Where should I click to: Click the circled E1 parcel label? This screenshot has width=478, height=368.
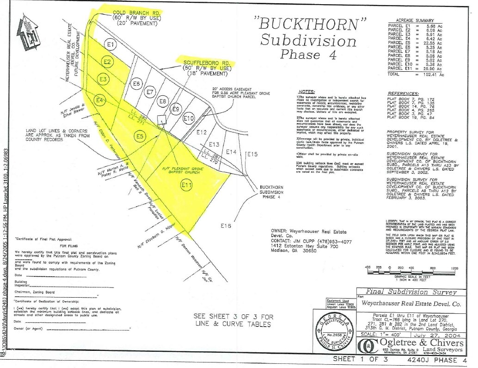click(x=110, y=45)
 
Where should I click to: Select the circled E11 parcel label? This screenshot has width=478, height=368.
click(x=186, y=186)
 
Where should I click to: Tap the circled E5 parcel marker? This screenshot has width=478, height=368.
click(x=141, y=136)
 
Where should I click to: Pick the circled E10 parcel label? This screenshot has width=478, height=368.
click(x=188, y=119)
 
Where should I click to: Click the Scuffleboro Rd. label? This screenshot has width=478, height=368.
click(x=205, y=61)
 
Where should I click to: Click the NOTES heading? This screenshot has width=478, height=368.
click(x=307, y=92)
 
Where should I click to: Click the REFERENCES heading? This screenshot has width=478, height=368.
click(x=403, y=93)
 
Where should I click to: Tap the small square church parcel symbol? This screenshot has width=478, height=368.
click(x=160, y=119)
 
